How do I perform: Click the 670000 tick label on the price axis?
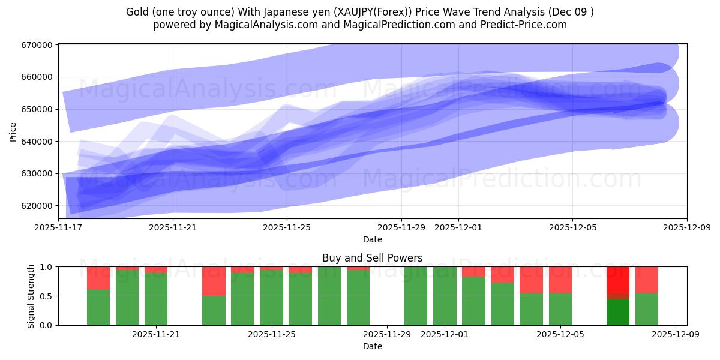(x=38, y=45)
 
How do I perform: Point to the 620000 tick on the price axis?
(x=38, y=206)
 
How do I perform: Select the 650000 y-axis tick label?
(x=38, y=109)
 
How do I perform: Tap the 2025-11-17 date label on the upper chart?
(x=59, y=227)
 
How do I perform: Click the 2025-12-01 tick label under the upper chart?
(x=458, y=227)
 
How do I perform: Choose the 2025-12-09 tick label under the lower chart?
(x=676, y=334)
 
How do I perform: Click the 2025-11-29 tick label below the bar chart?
(x=387, y=334)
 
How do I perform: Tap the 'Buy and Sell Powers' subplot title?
(x=372, y=258)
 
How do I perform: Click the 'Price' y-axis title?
(x=13, y=131)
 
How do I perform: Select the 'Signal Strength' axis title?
(x=31, y=296)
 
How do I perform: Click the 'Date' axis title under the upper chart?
(x=372, y=239)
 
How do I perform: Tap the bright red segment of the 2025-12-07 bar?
(x=618, y=280)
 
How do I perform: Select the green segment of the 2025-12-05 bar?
(x=560, y=309)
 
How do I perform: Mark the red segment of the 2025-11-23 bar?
(x=214, y=281)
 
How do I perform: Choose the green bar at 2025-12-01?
(x=445, y=296)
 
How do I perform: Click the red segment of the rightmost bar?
(x=647, y=279)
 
